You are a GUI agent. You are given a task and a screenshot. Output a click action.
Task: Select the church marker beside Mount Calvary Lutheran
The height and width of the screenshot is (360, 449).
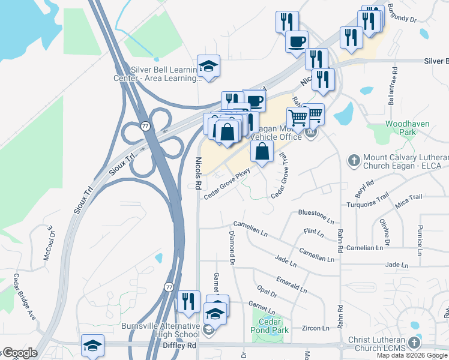coord(353,160)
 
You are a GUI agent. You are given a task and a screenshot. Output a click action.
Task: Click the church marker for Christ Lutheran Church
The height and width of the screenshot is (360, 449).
coord(413,343)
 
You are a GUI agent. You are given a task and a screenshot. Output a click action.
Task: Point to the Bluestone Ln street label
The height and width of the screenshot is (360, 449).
coord(316,214)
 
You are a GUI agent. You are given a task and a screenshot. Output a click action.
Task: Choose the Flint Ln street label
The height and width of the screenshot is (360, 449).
coord(313,231)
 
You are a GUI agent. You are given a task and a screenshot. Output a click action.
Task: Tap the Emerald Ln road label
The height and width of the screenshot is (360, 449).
coord(292,284)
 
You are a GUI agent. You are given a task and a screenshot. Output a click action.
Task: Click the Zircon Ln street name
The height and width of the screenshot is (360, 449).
coord(316,328)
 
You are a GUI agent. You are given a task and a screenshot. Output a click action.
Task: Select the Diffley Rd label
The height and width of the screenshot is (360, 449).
coord(179,346)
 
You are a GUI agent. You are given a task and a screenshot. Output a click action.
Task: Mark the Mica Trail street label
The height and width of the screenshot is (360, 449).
coord(409,200)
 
